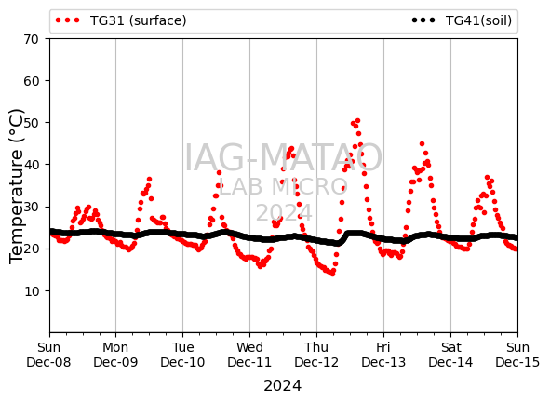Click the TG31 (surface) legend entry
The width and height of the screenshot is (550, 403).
(121, 20)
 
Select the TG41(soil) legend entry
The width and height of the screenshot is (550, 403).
(462, 20)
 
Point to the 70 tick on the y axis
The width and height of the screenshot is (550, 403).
(31, 39)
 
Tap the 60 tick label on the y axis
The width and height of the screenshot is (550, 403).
(31, 81)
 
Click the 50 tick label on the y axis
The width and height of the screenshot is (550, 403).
(31, 123)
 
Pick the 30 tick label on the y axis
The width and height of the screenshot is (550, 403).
(31, 207)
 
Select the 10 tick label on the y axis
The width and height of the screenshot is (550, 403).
(31, 291)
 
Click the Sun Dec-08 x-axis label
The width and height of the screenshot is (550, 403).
(48, 355)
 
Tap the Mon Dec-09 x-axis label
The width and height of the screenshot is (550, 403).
(115, 355)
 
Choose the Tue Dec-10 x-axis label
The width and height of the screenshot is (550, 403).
(182, 355)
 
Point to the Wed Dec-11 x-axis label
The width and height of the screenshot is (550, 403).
(249, 355)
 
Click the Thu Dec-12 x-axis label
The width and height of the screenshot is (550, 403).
(316, 355)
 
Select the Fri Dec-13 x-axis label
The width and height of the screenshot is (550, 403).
(383, 355)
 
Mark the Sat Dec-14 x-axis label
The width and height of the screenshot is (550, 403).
(450, 355)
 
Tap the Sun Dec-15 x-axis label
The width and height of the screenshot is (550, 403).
(517, 355)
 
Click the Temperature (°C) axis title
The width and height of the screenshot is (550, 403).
(16, 186)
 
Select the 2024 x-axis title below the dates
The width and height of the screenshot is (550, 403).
(283, 386)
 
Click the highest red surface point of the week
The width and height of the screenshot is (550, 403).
(357, 121)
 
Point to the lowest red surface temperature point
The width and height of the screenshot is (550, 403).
(332, 274)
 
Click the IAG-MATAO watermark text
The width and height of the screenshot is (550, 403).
(284, 157)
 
